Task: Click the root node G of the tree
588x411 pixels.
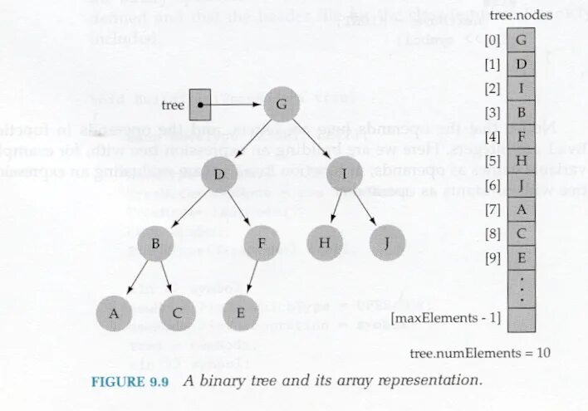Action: pyautogui.click(x=282, y=105)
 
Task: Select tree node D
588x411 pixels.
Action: pyautogui.click(x=219, y=174)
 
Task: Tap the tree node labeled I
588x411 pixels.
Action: pyautogui.click(x=344, y=174)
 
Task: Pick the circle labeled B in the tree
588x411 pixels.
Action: pyautogui.click(x=155, y=243)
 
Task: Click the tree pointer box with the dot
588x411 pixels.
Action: pyautogui.click(x=199, y=105)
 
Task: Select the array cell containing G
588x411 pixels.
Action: pyautogui.click(x=521, y=39)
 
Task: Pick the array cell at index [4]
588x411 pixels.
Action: pyautogui.click(x=521, y=135)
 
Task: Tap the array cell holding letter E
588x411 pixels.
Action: pyautogui.click(x=521, y=257)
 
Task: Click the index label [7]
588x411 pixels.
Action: pyautogui.click(x=493, y=209)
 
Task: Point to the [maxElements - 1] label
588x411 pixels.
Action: pyautogui.click(x=446, y=317)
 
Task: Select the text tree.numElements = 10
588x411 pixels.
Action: pyautogui.click(x=480, y=352)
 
